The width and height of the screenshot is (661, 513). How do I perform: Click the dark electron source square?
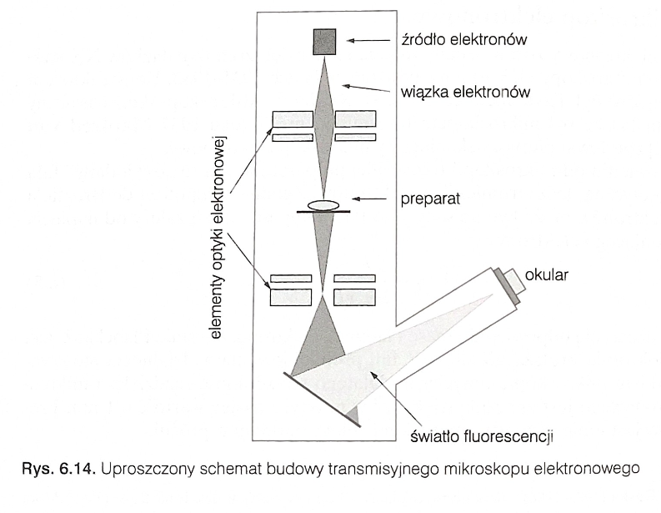(x=324, y=42)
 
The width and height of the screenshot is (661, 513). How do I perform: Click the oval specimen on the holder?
(x=323, y=204)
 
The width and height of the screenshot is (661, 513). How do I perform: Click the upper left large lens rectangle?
(x=292, y=119)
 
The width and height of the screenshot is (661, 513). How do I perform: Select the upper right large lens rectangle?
(x=355, y=119)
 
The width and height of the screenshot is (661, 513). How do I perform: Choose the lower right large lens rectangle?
(x=353, y=296)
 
